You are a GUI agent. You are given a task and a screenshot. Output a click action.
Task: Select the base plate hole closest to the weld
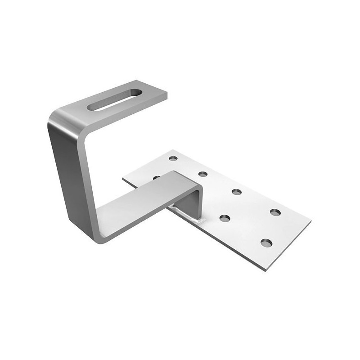225,218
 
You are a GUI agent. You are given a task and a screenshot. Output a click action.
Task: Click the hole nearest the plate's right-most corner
275,212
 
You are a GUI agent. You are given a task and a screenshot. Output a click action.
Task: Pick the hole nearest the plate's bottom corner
266,243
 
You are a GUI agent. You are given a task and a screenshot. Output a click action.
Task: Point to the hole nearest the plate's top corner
173,158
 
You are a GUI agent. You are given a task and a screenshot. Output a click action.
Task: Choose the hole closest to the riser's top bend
203,174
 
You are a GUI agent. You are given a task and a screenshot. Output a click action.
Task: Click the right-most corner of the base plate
311,221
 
